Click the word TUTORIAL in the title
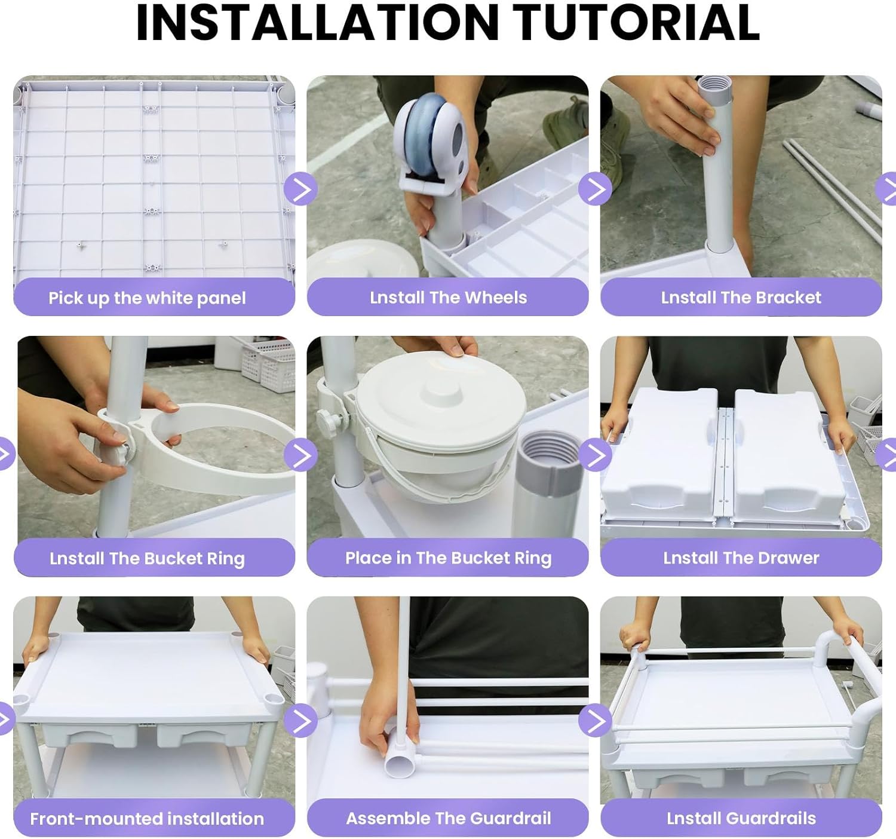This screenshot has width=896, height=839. tap(636, 22)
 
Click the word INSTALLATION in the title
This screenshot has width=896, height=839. tap(318, 22)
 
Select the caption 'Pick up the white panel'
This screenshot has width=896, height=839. tap(147, 298)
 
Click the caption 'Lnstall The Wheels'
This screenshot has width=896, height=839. tap(448, 298)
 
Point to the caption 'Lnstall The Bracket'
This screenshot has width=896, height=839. tap(741, 298)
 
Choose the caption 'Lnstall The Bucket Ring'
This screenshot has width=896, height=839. tap(147, 559)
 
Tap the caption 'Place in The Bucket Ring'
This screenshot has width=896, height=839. tap(448, 558)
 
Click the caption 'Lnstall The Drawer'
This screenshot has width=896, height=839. tap(741, 558)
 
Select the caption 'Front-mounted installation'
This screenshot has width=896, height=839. tap(147, 819)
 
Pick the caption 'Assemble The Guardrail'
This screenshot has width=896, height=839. tap(448, 818)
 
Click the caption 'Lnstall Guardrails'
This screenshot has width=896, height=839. tap(741, 818)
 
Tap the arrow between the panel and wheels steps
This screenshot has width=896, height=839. tap(301, 189)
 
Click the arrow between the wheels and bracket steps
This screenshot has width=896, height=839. tap(595, 189)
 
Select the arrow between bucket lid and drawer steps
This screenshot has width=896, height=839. tap(595, 455)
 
